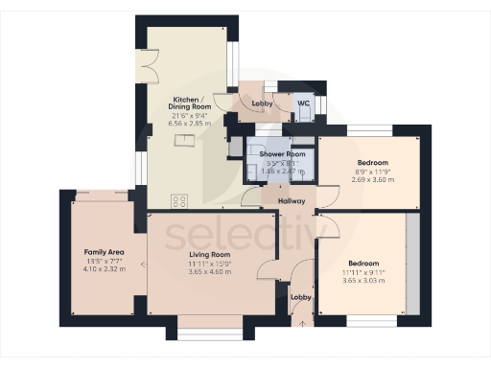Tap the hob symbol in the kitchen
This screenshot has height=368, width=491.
[x=178, y=201]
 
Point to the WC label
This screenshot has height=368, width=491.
[x=303, y=103]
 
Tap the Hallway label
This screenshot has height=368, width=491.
[x=291, y=201]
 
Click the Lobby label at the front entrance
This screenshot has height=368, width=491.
[x=301, y=297]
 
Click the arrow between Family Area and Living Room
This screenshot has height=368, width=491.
[x=143, y=263]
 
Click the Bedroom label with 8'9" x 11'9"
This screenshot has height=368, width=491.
[x=373, y=162]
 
